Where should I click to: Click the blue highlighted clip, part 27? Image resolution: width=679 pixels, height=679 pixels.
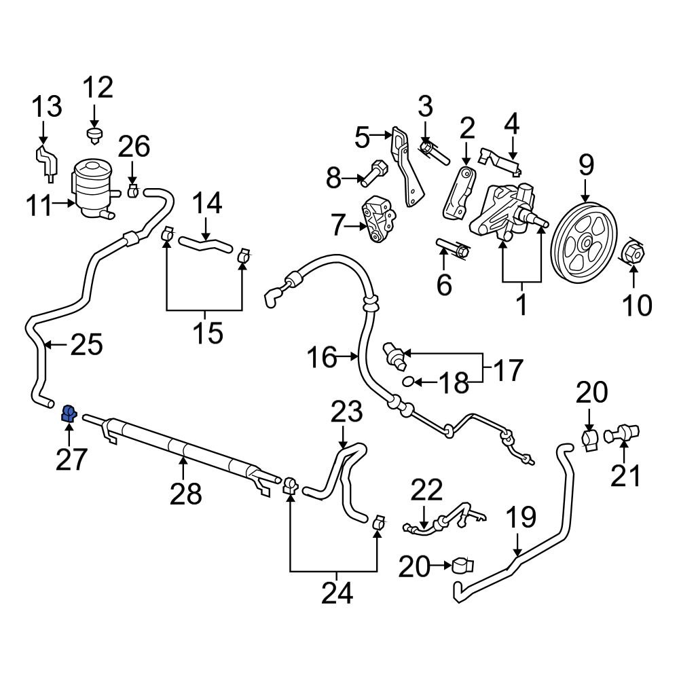69,414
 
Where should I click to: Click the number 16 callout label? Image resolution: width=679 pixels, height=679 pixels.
321,357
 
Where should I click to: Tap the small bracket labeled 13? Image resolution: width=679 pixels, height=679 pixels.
45,161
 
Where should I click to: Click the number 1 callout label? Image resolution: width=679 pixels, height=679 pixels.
522,305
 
